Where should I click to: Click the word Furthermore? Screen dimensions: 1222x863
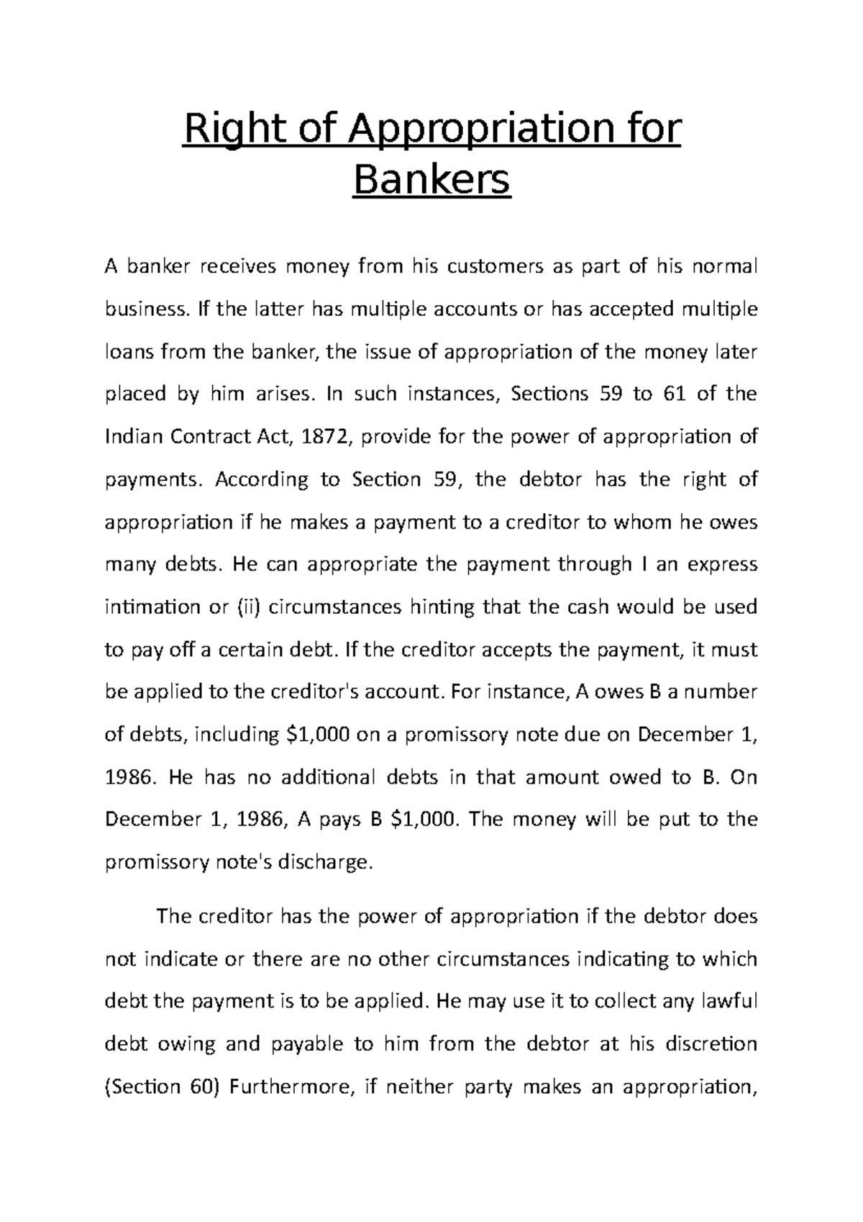tap(290, 1087)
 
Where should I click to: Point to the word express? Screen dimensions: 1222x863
tap(722, 565)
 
